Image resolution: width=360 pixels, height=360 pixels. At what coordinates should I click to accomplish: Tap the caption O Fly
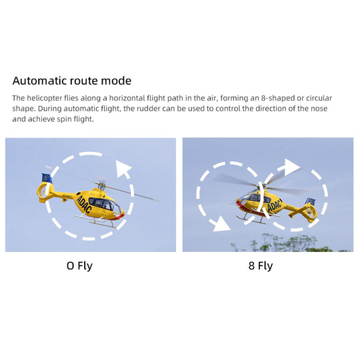pos(79,266)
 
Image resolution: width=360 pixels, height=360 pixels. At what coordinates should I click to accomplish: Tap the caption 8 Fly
pos(260,266)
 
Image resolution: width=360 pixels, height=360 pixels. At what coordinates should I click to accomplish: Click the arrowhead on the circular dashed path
pos(123,169)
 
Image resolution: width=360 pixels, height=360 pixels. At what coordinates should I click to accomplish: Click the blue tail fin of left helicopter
pos(47,178)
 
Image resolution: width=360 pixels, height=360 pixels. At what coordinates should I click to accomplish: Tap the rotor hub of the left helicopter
pos(101,182)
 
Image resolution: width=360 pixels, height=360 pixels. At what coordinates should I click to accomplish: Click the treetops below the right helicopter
pos(280,244)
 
